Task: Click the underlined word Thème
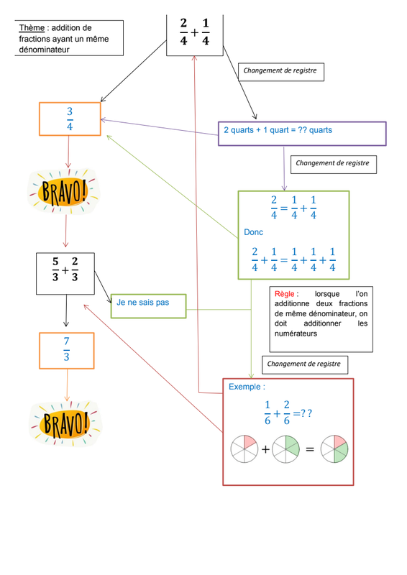(32, 28)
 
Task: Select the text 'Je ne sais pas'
(143, 303)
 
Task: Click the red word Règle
(285, 294)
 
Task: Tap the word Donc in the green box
(254, 232)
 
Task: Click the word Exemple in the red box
(244, 387)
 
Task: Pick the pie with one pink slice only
(244, 448)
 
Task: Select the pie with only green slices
(286, 448)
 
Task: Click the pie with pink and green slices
(334, 448)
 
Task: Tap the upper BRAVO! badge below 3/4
(64, 191)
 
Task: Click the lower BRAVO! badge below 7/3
(65, 423)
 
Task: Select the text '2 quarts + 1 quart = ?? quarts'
(278, 130)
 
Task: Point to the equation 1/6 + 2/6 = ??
(288, 413)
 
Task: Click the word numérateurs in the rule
(296, 333)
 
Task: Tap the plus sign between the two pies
(265, 449)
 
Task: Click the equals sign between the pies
(310, 449)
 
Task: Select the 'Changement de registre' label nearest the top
(280, 70)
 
